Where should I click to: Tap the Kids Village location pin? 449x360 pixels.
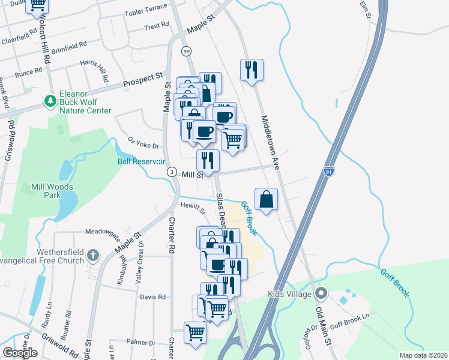point(321,294)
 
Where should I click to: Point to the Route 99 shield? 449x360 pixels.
point(186,52)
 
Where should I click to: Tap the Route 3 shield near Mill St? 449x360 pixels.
point(172,173)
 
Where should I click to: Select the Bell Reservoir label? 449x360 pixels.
point(141,161)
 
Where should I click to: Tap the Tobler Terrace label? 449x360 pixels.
point(146,13)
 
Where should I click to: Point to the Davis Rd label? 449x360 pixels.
point(152,297)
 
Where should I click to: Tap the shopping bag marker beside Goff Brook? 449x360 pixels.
point(266,199)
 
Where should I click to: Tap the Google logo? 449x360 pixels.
point(20,353)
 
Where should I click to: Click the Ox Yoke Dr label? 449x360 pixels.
point(143,145)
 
